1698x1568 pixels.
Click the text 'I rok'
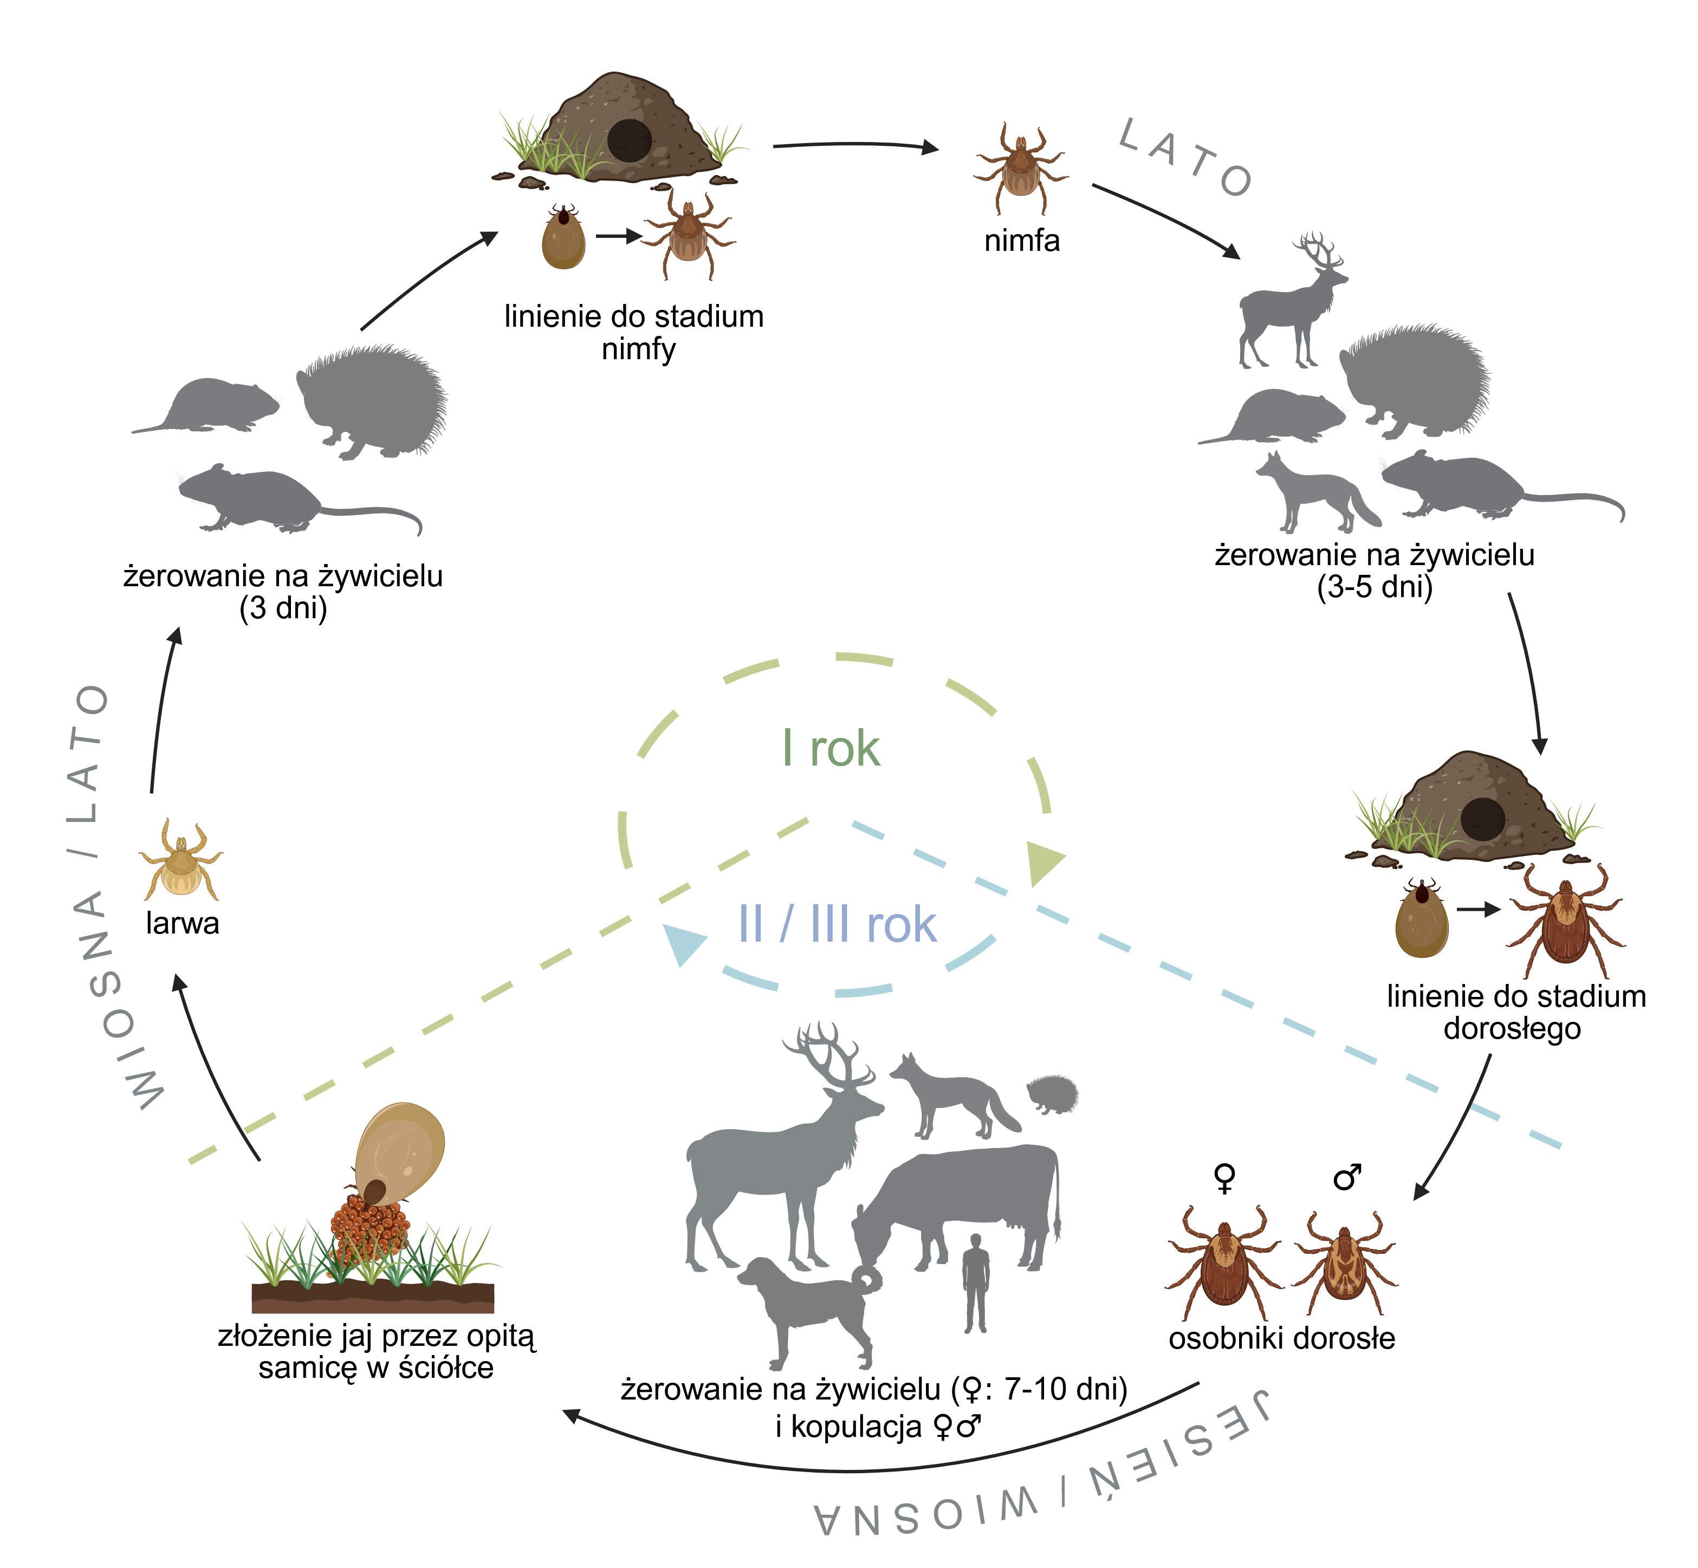click(x=831, y=748)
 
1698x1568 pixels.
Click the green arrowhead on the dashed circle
click(x=1043, y=861)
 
